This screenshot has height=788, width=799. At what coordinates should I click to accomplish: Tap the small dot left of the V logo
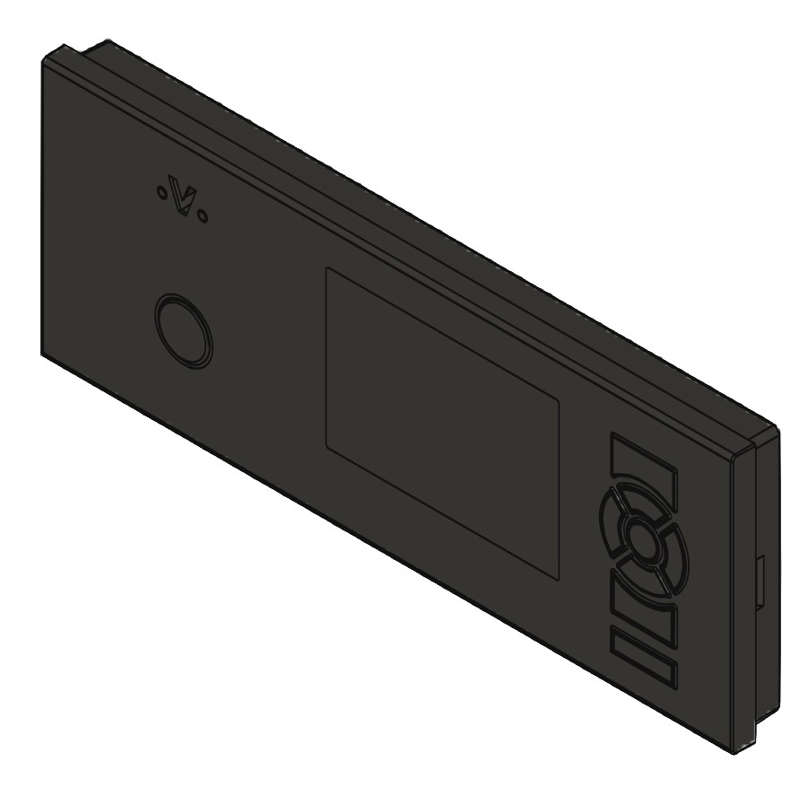point(161,190)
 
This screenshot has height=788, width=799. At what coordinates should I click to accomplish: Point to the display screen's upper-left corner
point(326,267)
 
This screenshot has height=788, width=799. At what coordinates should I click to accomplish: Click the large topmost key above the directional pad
point(644,467)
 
